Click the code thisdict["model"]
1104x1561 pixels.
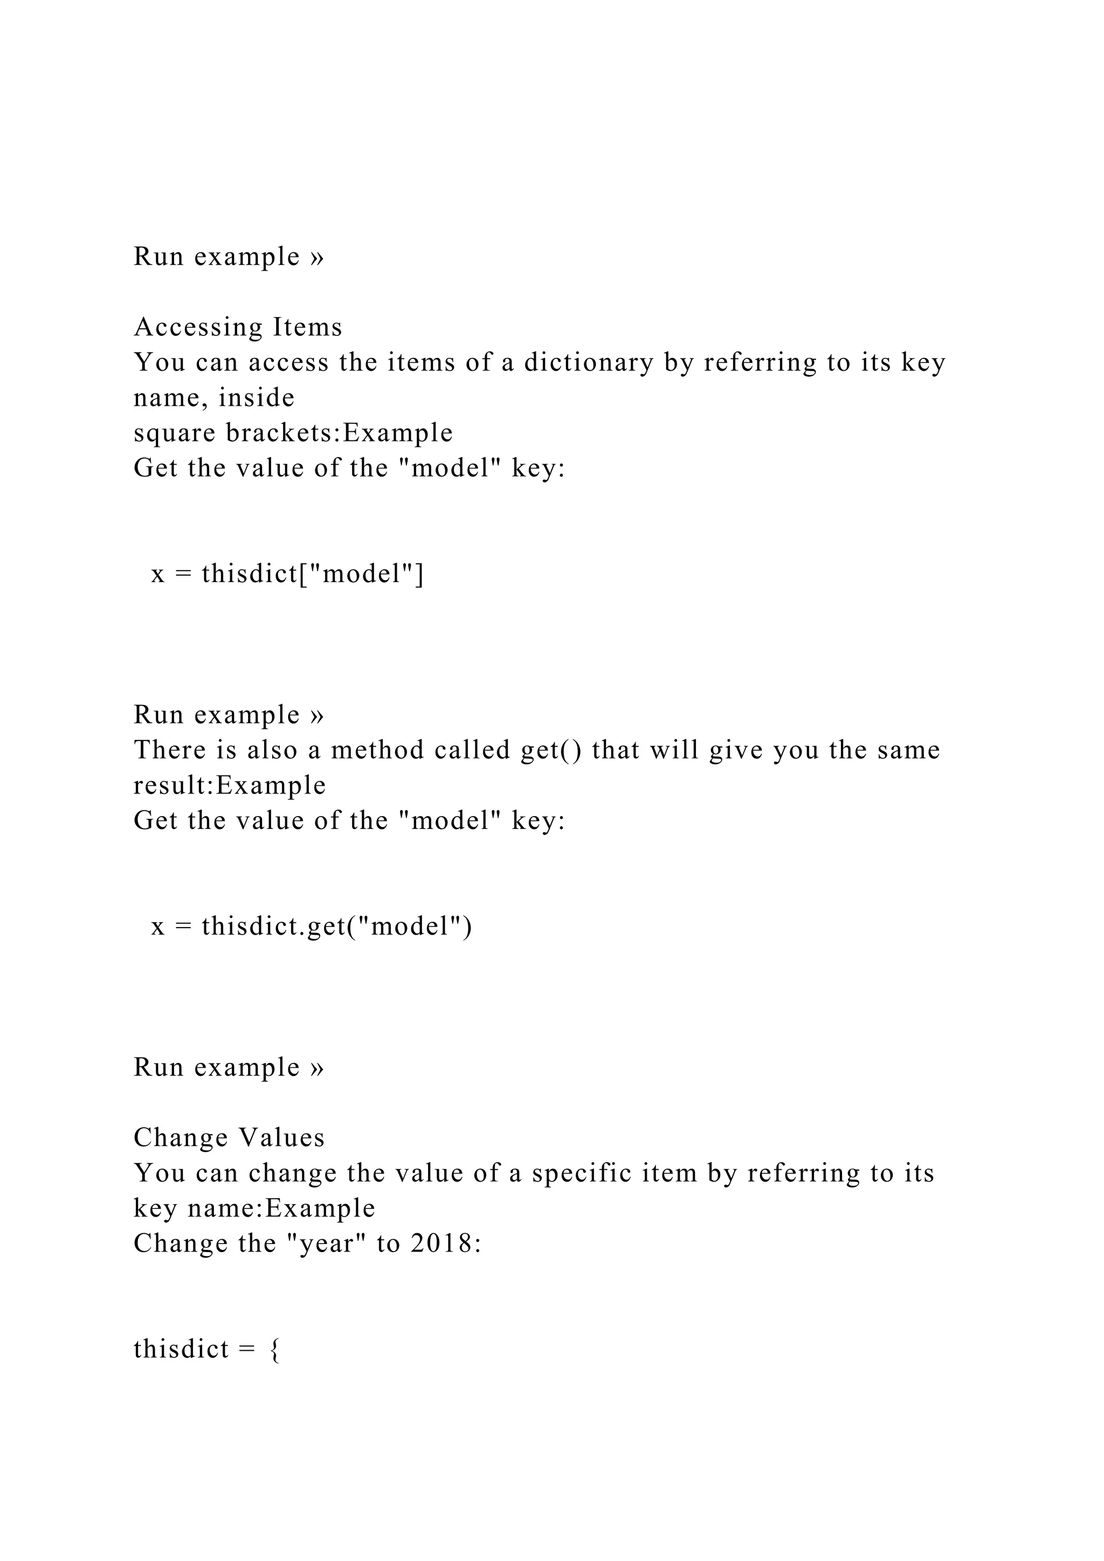(313, 574)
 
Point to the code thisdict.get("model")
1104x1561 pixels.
(336, 926)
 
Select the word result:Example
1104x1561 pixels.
(230, 785)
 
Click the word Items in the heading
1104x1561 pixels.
(307, 328)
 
